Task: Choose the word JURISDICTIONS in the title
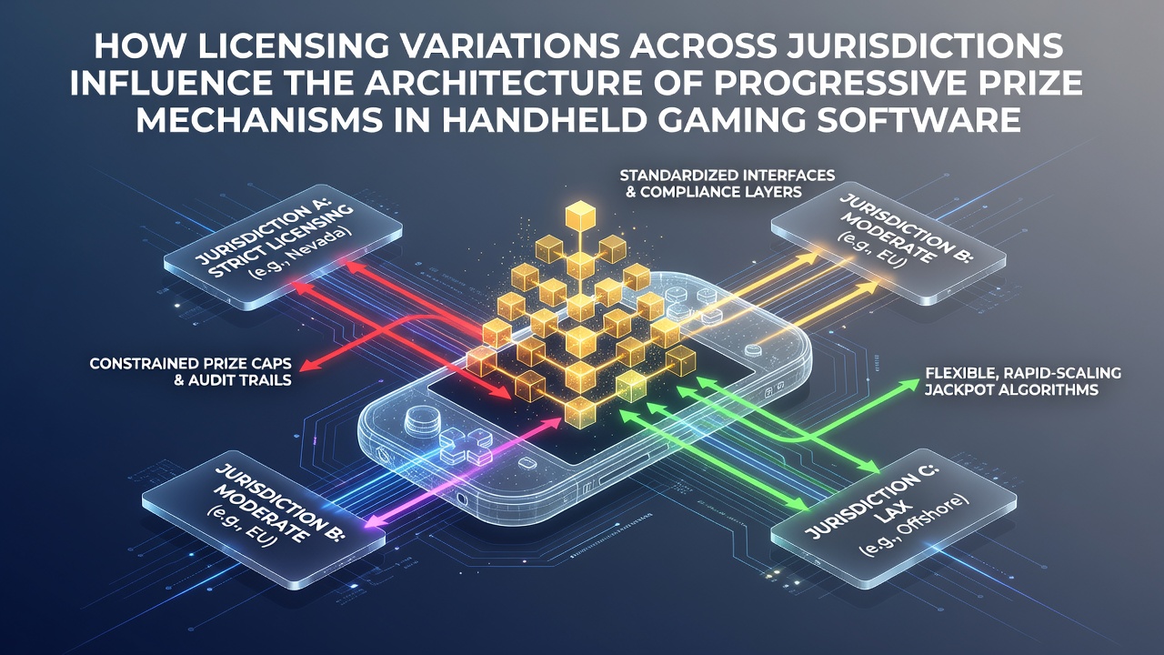(x=926, y=46)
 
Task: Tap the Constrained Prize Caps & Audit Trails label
(x=190, y=372)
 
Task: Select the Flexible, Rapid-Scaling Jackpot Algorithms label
(x=1022, y=380)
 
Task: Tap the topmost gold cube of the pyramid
(x=580, y=217)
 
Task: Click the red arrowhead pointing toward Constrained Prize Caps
(x=308, y=365)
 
